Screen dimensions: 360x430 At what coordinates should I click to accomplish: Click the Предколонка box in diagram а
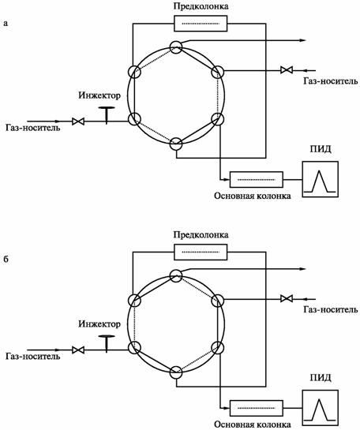coord(201,24)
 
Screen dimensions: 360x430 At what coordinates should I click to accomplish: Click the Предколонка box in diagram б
coord(201,252)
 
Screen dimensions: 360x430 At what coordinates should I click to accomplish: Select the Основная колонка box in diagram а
coord(257,180)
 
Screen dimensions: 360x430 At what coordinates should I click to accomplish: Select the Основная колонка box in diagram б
coord(257,408)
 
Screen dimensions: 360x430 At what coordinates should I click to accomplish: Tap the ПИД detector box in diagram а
coord(320,179)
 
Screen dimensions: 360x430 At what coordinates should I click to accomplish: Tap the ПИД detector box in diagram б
coord(320,408)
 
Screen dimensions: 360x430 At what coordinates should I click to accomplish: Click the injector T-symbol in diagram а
coord(107,115)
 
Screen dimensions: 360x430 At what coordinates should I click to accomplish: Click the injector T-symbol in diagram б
coord(107,343)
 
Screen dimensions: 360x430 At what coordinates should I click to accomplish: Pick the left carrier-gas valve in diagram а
coord(78,122)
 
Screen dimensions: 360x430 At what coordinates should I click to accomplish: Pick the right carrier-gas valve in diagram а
coord(287,69)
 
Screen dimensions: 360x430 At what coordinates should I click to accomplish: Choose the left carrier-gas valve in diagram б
coord(78,350)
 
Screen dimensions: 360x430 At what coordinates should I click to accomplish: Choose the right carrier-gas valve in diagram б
coord(287,298)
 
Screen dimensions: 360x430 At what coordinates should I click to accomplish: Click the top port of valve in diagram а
coord(176,47)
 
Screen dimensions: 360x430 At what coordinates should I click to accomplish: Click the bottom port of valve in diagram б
coord(176,372)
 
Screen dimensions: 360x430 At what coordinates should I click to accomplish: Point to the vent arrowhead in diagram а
coord(302,40)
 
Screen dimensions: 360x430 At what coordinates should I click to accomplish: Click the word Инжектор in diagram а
coord(99,95)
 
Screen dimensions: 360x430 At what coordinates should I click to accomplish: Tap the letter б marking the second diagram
coord(6,259)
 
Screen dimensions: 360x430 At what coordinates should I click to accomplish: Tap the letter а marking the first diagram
coord(6,24)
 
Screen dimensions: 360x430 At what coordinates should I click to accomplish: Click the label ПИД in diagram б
coord(321,378)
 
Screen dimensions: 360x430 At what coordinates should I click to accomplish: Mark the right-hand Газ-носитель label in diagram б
coord(331,309)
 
